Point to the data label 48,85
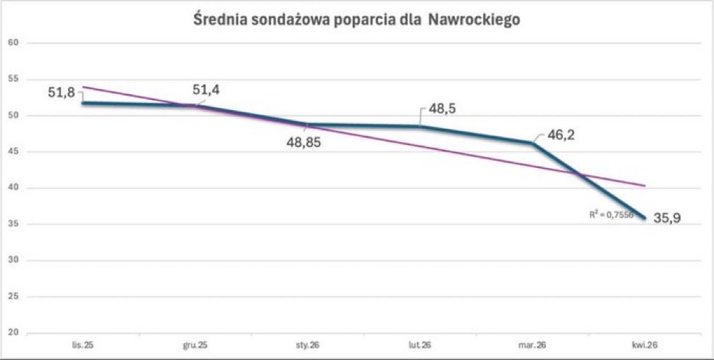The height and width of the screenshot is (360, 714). pos(303,142)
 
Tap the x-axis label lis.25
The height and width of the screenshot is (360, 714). pos(83,345)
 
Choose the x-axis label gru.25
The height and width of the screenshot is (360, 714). pos(195,345)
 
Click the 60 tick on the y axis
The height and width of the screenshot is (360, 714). pos(12,43)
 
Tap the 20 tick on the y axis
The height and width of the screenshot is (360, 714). pos(12,332)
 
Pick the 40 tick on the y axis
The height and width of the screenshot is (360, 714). pos(12,188)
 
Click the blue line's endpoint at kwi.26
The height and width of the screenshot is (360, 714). pos(643,217)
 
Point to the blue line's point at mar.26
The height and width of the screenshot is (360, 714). pos(532,143)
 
